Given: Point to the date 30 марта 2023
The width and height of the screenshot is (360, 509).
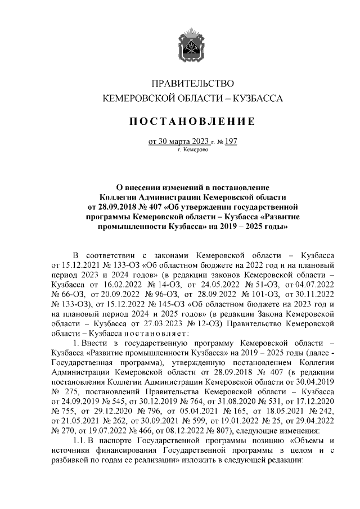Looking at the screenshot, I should [182, 142].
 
